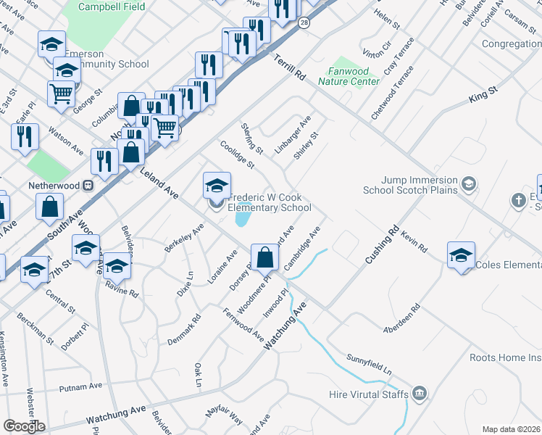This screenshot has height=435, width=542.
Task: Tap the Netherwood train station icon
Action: tap(88, 185)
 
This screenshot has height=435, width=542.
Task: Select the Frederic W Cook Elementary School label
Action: tap(270, 202)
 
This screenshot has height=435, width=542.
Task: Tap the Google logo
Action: tap(24, 426)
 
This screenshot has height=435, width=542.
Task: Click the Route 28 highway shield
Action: tap(303, 24)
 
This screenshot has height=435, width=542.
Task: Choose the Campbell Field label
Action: tap(112, 7)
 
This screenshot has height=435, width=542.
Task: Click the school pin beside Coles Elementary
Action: tap(461, 255)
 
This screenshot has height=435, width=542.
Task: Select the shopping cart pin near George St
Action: tap(62, 93)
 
